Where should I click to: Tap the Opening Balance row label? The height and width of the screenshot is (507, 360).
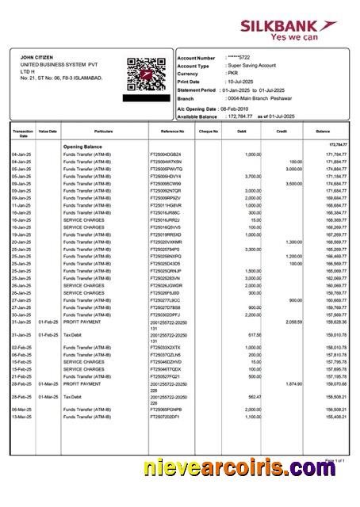coord(83,147)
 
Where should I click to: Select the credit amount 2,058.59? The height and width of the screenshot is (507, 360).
coord(293,322)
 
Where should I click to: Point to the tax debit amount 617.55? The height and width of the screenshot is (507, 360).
coord(255,335)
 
